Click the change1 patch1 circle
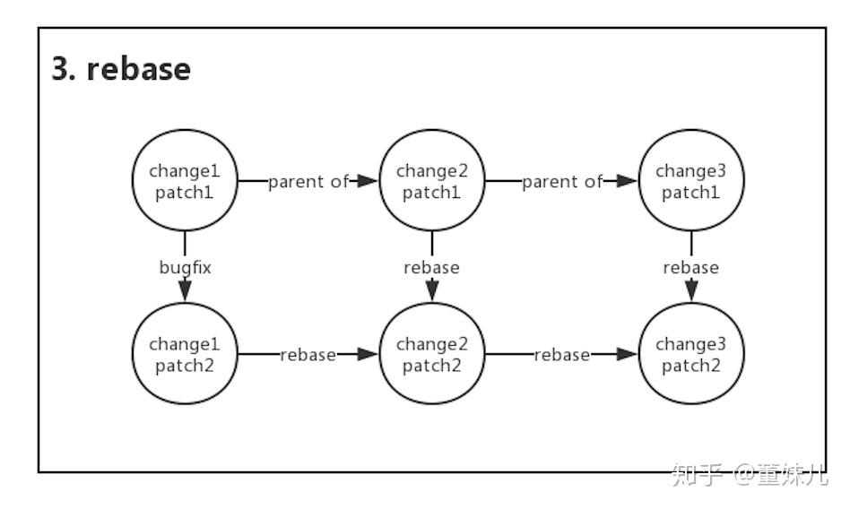[185, 181]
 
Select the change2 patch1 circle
[432, 181]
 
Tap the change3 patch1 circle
[690, 181]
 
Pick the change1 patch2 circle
[185, 354]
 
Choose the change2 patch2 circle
[432, 354]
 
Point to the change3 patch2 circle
[690, 354]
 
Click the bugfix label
[185, 266]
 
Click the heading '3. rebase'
[121, 70]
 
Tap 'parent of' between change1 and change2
[308, 181]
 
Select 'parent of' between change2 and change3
[562, 181]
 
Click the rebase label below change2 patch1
[431, 266]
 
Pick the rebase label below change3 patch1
[690, 266]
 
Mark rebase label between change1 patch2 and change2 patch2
[308, 354]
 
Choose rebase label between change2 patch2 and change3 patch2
[562, 354]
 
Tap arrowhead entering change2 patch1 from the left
[367, 181]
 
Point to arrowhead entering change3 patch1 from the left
[625, 181]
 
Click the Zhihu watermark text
[749, 475]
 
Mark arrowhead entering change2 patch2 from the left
[367, 354]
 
